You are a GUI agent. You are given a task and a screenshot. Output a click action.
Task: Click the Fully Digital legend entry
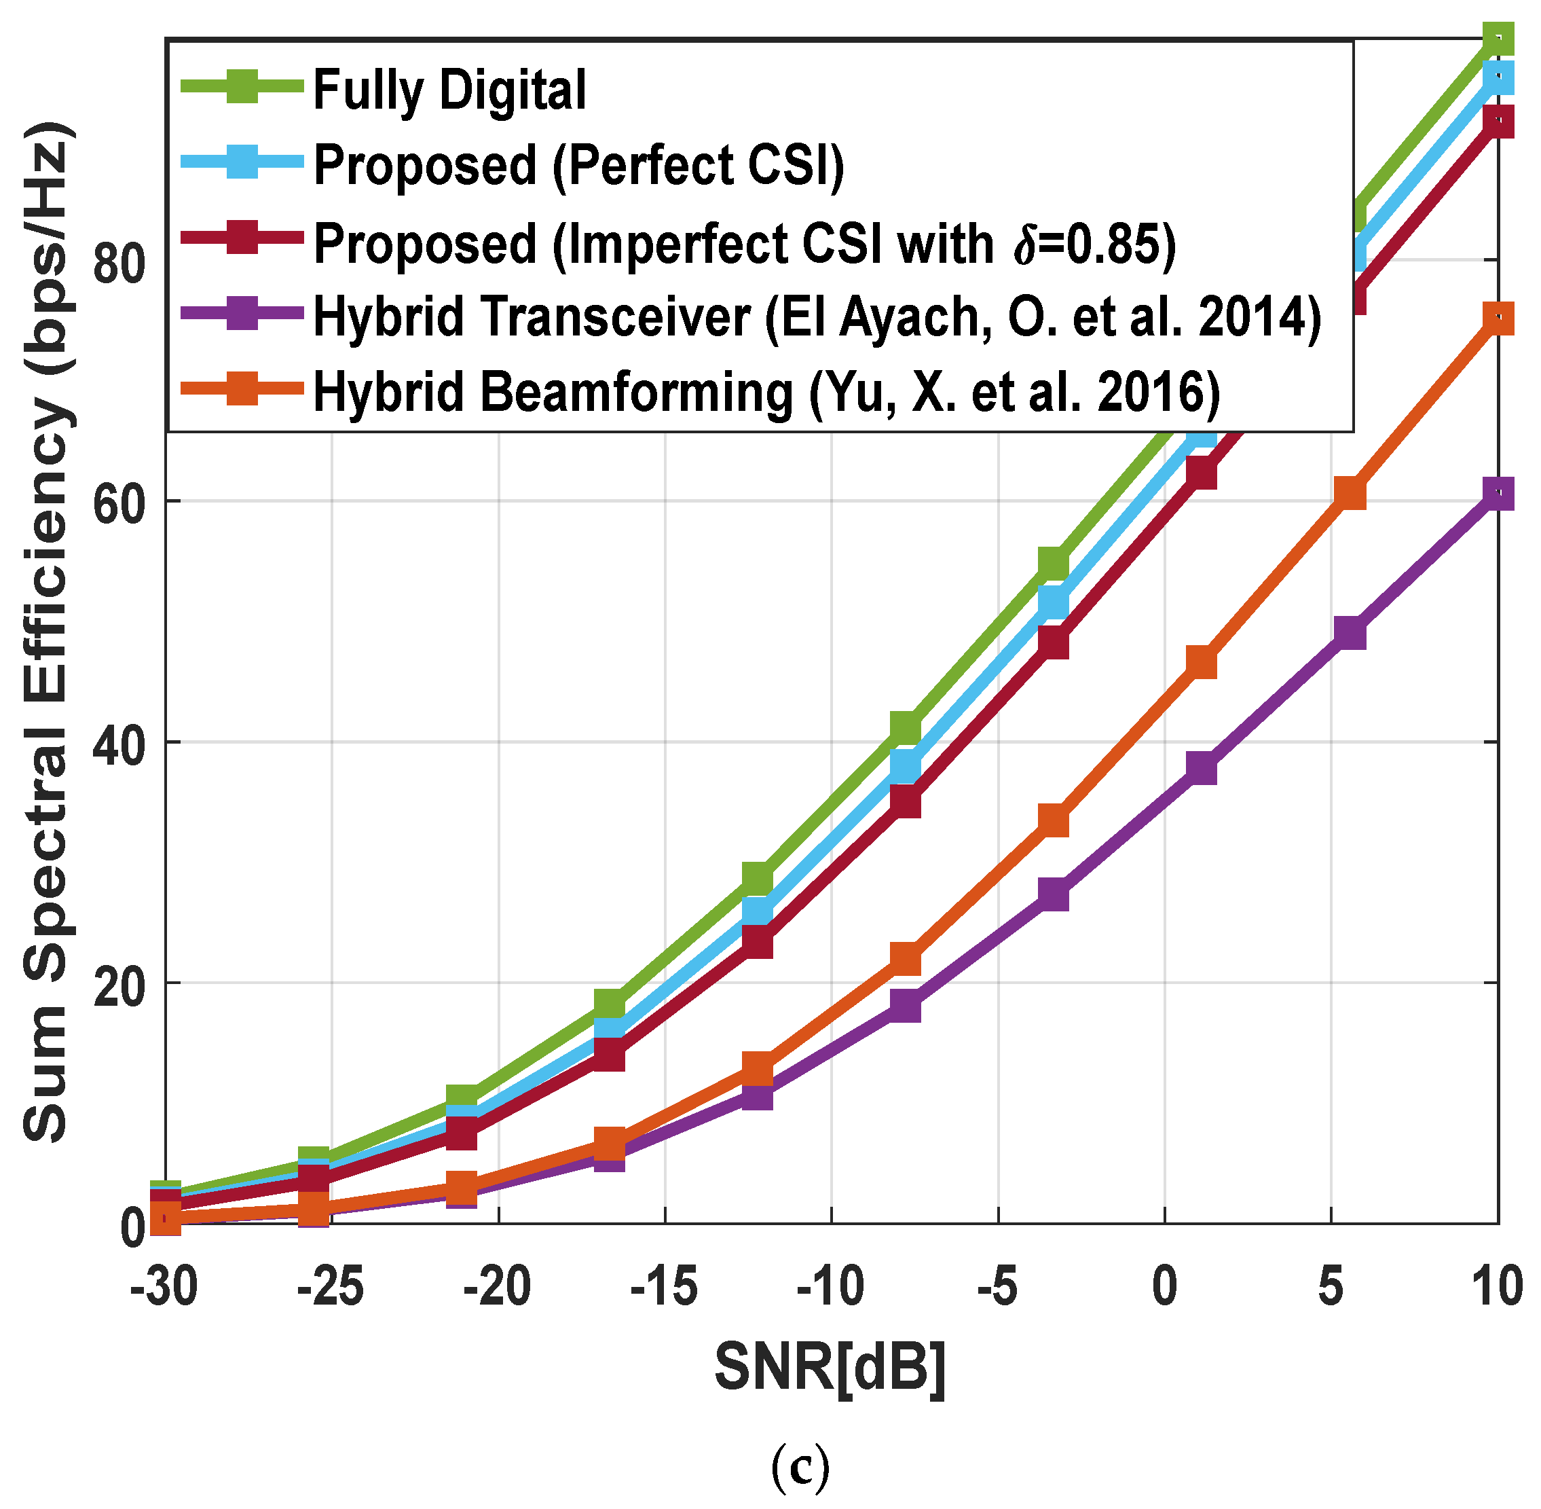tap(449, 90)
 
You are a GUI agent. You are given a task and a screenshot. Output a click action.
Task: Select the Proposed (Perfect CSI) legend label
tap(579, 165)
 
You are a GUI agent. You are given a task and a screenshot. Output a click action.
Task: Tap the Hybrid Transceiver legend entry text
tap(817, 317)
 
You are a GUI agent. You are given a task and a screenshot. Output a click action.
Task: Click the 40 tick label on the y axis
tap(118, 742)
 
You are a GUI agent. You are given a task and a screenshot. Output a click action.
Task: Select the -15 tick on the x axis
tap(664, 1287)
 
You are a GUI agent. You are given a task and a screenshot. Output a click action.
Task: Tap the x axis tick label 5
tap(1331, 1287)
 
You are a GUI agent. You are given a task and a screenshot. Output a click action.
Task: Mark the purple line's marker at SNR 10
tap(1498, 494)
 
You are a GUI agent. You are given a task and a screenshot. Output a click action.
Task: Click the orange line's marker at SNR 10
tap(1498, 319)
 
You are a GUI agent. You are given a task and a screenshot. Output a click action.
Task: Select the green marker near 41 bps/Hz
tap(906, 727)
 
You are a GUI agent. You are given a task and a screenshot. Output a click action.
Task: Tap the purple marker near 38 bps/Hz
tap(1202, 768)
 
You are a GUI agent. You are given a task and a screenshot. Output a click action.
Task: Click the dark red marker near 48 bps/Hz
tap(1053, 642)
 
